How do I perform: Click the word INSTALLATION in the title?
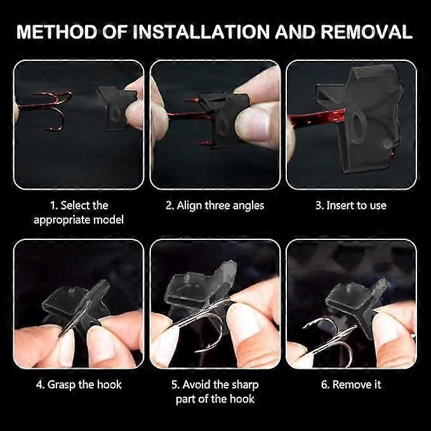click(202, 32)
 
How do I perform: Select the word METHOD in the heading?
click(57, 32)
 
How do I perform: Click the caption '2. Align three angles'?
click(215, 206)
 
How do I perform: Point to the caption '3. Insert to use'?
click(351, 205)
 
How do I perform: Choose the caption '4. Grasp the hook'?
click(79, 385)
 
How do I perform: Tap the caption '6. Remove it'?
click(351, 385)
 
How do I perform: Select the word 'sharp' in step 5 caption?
click(245, 385)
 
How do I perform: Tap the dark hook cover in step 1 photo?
click(117, 108)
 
